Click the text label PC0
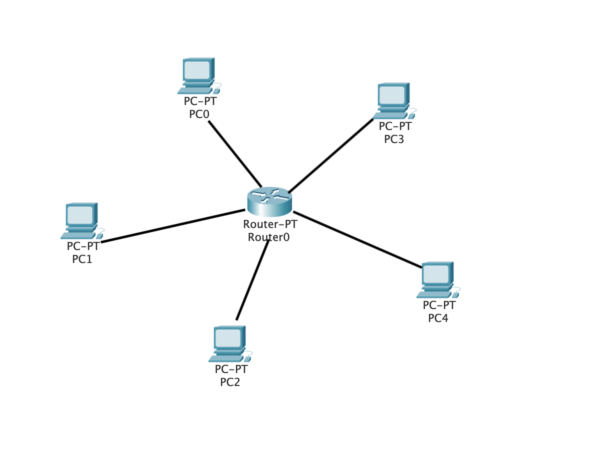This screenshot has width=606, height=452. pyautogui.click(x=199, y=114)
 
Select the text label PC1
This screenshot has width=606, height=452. pyautogui.click(x=82, y=259)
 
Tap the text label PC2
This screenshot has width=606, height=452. pyautogui.click(x=230, y=382)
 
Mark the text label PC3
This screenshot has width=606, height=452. pyautogui.click(x=394, y=139)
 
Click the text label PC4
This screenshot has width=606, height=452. pyautogui.click(x=438, y=318)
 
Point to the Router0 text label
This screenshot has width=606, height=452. pyautogui.click(x=268, y=237)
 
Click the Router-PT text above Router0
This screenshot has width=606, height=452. pyautogui.click(x=270, y=224)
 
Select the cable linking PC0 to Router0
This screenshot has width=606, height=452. pyautogui.click(x=234, y=153)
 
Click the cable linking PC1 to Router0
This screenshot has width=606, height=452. pyautogui.click(x=172, y=226)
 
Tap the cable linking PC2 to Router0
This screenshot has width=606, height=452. pyautogui.click(x=252, y=280)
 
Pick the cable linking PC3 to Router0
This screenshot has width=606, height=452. pyautogui.click(x=330, y=155)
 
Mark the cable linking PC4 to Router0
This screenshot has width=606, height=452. pyautogui.click(x=357, y=239)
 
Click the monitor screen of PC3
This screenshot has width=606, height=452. pyautogui.click(x=392, y=94)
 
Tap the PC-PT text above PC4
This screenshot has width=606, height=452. pyautogui.click(x=439, y=305)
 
